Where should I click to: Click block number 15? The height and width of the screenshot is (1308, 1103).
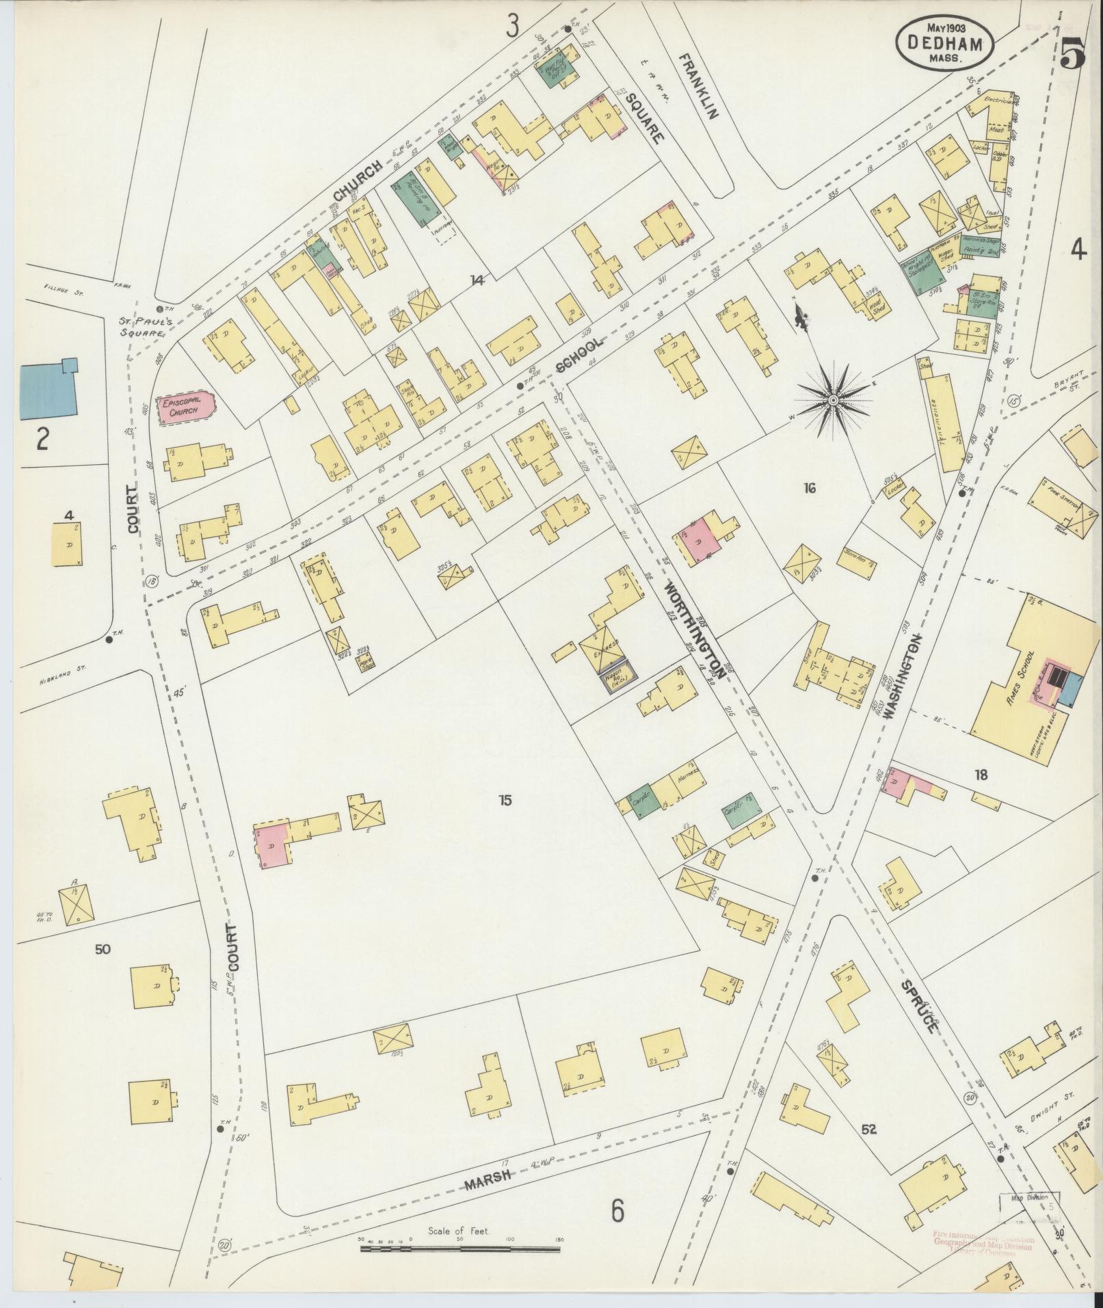(505, 801)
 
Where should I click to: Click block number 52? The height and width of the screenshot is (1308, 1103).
(868, 1129)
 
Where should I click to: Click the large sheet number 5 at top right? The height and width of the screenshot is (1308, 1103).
(1073, 53)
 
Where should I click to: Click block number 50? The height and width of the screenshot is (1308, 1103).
(103, 949)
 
